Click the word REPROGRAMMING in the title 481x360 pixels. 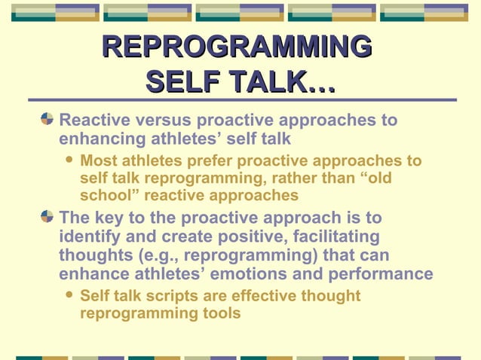[237, 46]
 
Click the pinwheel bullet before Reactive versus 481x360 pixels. [47, 120]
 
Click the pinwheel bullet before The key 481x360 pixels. [47, 217]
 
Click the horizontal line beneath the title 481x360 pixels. [242, 99]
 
